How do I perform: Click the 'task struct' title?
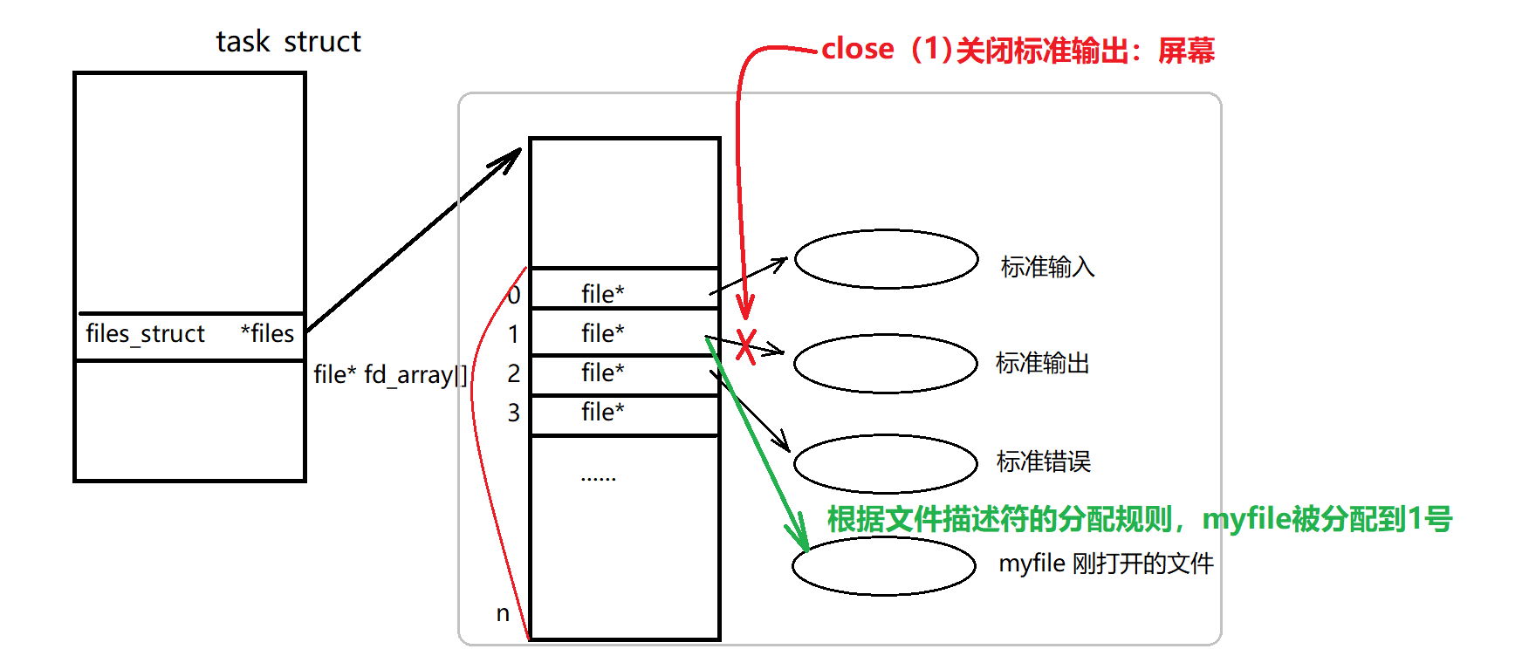click(x=288, y=42)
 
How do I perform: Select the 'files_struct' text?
click(x=145, y=334)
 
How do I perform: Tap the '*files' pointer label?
click(x=267, y=333)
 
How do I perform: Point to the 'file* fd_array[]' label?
click(x=390, y=375)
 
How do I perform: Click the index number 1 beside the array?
click(x=513, y=334)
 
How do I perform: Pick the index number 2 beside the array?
click(x=513, y=373)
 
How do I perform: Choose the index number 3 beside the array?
click(x=513, y=413)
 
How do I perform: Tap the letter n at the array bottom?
click(x=503, y=613)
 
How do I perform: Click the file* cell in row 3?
click(x=603, y=412)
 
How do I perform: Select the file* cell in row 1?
click(x=603, y=333)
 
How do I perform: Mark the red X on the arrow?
click(x=745, y=346)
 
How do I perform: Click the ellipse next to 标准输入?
click(x=886, y=259)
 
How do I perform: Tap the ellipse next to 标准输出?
click(x=885, y=364)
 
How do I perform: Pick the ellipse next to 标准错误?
click(x=885, y=463)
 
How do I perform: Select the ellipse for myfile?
click(x=883, y=565)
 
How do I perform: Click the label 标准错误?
click(x=1044, y=461)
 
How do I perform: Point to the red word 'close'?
click(x=858, y=50)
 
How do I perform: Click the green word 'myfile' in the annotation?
click(x=1246, y=520)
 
